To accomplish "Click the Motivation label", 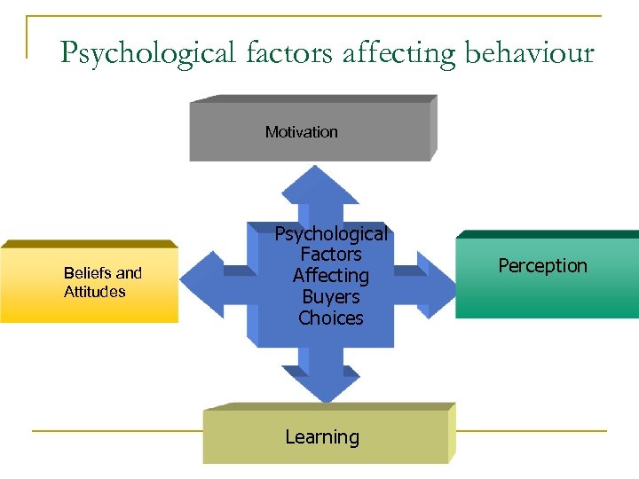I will coord(302,132).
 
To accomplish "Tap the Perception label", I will coord(542,266).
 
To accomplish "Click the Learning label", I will coord(322,437).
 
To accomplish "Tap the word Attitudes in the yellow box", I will coord(95,292).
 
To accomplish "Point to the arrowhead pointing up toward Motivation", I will coord(319,185).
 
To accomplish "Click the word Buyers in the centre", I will coord(331,297).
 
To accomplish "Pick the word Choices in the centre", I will coord(331,318).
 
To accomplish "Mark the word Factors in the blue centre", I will coord(331,255).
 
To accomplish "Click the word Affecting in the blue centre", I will coord(331,276).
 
